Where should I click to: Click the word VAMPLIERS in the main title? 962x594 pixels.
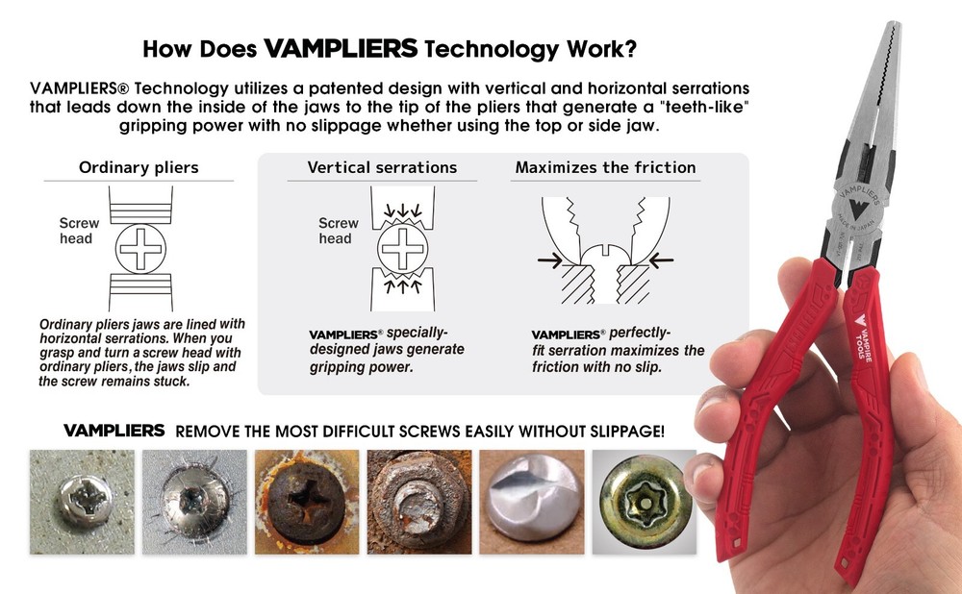pyautogui.click(x=341, y=48)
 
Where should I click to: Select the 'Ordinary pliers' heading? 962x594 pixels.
pyautogui.click(x=139, y=167)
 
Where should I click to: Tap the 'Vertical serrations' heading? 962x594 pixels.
pyautogui.click(x=382, y=167)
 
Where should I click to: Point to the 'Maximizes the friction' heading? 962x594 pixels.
pyautogui.click(x=605, y=167)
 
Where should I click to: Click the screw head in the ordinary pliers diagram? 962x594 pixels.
pyautogui.click(x=140, y=249)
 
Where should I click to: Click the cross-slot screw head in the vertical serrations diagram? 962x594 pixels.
pyautogui.click(x=402, y=248)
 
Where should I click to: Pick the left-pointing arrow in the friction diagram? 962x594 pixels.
pyautogui.click(x=661, y=260)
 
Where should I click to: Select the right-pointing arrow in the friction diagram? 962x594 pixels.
pyautogui.click(x=549, y=260)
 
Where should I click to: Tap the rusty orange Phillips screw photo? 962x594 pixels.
pyautogui.click(x=307, y=502)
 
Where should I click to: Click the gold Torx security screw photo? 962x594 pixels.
pyautogui.click(x=645, y=502)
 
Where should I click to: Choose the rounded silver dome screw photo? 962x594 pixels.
pyautogui.click(x=531, y=502)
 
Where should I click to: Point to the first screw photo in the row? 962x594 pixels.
pyautogui.click(x=82, y=502)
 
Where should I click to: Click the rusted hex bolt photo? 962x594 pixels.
pyautogui.click(x=419, y=502)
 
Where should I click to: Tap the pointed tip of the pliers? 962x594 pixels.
pyautogui.click(x=894, y=25)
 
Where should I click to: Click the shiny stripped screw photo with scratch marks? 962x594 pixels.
pyautogui.click(x=194, y=502)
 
